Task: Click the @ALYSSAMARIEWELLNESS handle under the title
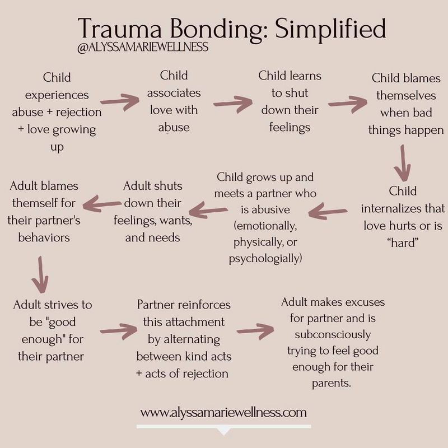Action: [144, 47]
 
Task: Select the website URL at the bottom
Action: [223, 413]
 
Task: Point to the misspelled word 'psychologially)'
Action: [266, 259]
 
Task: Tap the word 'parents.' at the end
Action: [334, 384]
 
